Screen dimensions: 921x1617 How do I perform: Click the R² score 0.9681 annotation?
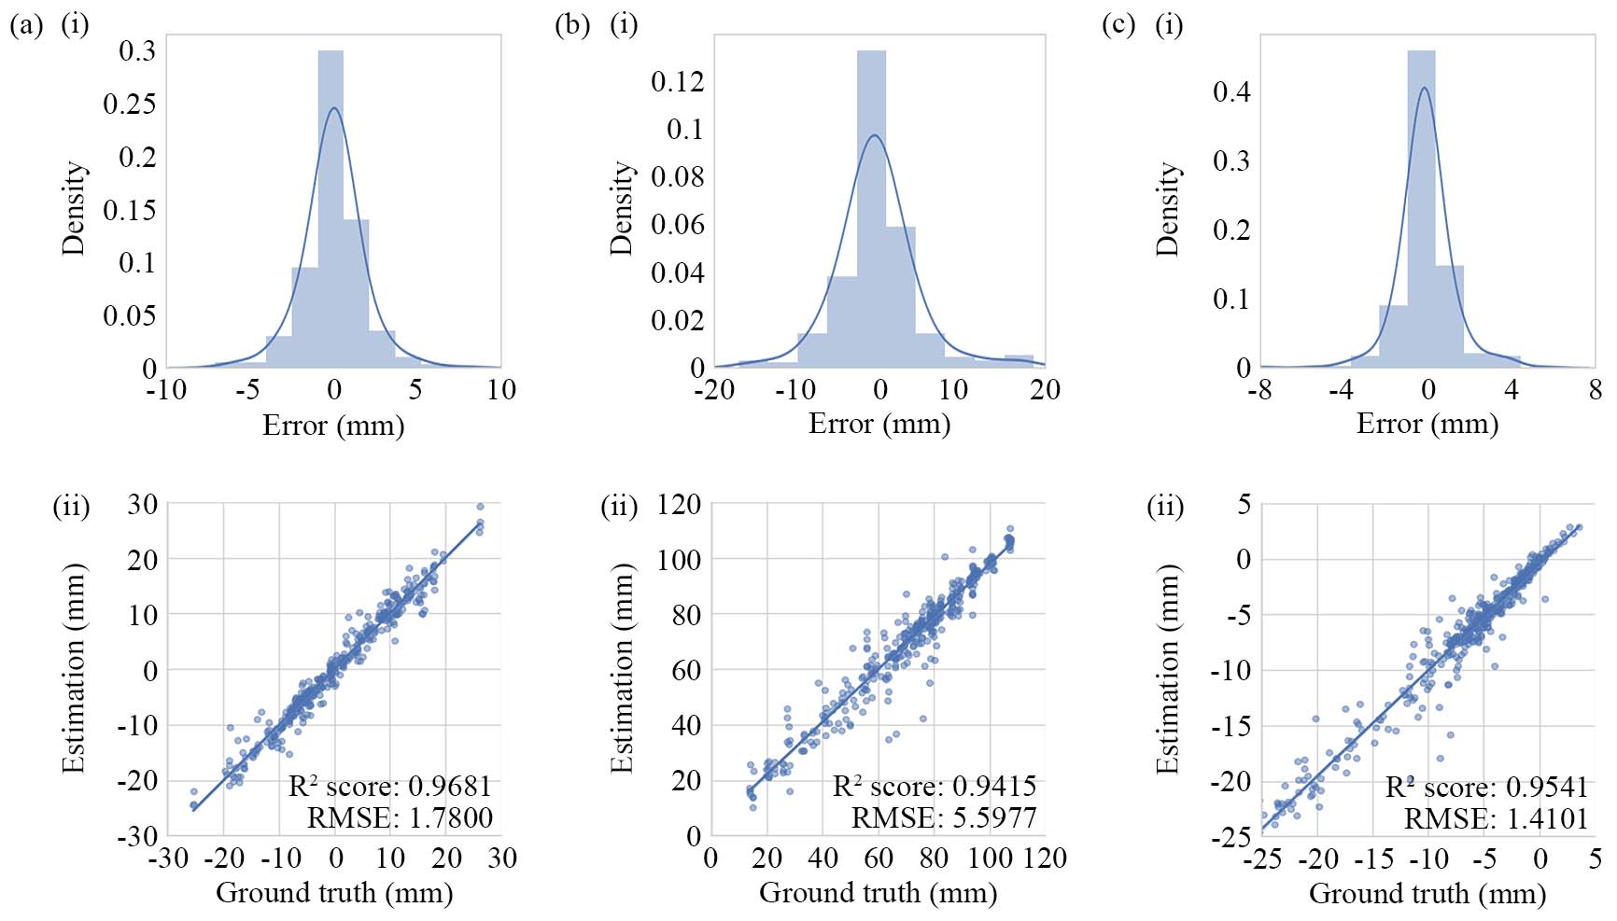tap(389, 786)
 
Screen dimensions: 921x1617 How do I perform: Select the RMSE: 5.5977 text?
tap(943, 818)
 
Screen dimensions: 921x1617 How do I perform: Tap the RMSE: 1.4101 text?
tap(1496, 818)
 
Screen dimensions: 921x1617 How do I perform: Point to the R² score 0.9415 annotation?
tap(934, 786)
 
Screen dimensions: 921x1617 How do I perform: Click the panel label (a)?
tap(26, 24)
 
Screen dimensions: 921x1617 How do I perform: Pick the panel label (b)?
tap(571, 24)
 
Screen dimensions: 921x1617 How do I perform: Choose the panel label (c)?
tap(1118, 24)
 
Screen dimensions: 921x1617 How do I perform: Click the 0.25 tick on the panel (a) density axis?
tap(129, 104)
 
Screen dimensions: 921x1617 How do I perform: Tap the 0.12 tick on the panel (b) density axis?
tap(677, 81)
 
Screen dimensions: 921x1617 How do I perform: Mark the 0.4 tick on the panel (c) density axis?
tap(1230, 91)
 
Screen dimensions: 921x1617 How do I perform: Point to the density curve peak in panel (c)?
tap(1424, 89)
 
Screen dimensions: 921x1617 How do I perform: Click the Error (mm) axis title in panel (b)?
tap(879, 424)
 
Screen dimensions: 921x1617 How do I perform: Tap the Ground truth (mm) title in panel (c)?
tap(1427, 893)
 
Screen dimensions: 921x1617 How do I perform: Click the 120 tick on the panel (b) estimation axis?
tap(679, 505)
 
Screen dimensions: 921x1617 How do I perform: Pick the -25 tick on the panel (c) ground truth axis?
tap(1262, 858)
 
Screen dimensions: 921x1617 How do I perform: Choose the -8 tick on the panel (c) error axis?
tap(1259, 389)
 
